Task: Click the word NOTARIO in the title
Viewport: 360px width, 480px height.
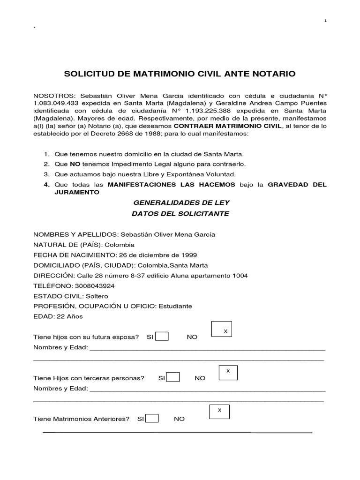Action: coord(273,74)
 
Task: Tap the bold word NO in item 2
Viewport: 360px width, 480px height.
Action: coord(75,164)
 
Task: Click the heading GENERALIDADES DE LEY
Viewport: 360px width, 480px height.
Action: coord(182,202)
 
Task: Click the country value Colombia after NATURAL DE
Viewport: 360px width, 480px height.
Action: coord(120,245)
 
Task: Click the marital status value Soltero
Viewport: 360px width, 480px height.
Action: coord(97,296)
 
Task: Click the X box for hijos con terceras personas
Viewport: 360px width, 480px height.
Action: coord(228,373)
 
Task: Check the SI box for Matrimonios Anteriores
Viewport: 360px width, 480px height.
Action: coord(152,418)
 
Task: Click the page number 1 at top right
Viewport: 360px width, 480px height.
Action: coord(325,21)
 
